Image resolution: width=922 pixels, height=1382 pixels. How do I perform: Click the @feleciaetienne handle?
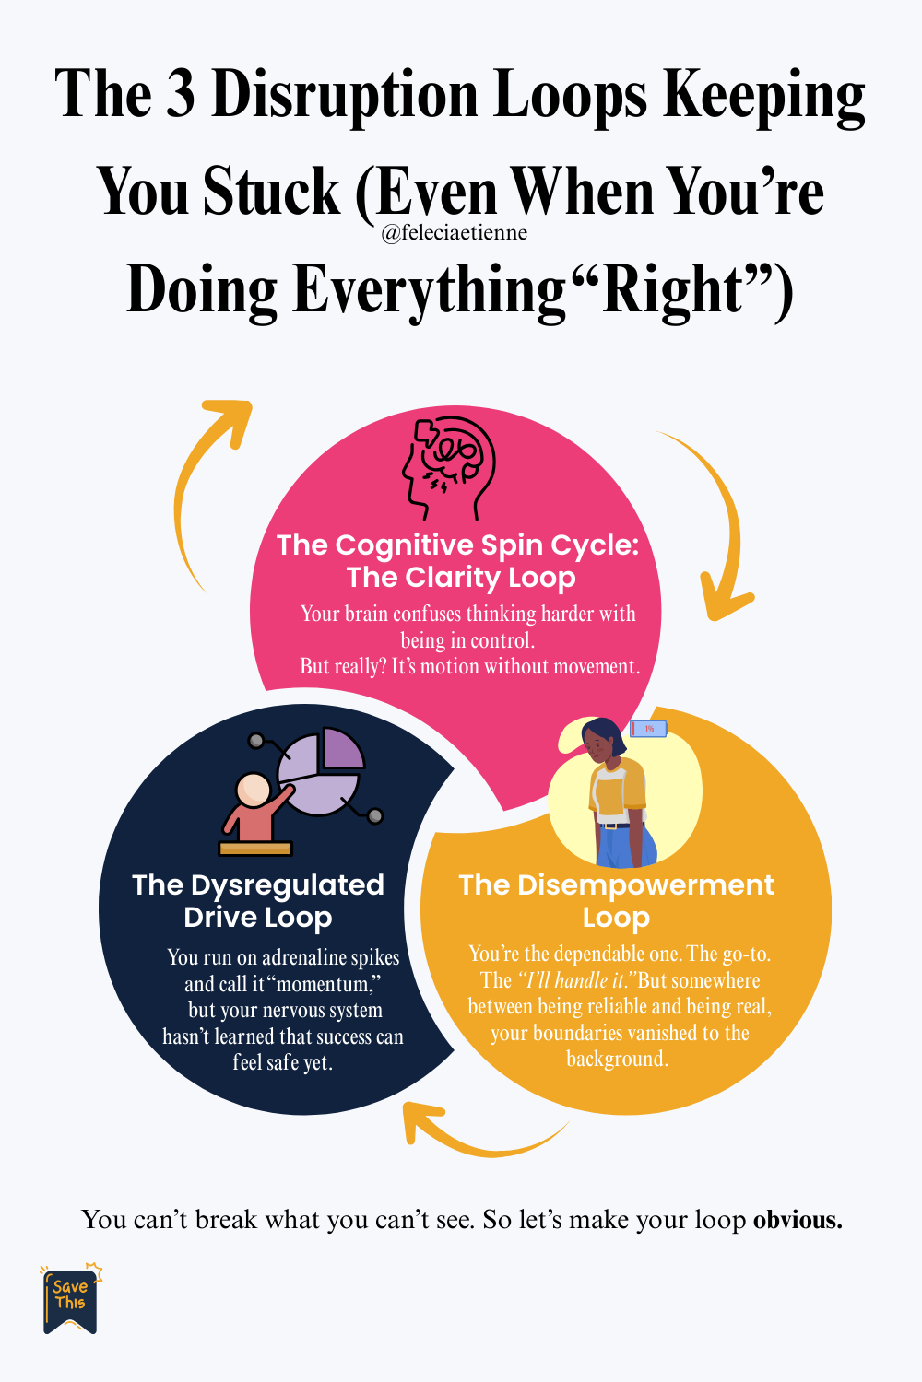454,233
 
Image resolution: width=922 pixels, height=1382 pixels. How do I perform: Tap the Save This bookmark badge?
70,1298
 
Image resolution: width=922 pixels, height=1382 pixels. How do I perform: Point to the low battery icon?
648,729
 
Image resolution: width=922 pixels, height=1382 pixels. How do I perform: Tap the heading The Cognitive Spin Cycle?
457,545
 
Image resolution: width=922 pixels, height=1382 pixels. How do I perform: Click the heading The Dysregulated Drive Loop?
257,901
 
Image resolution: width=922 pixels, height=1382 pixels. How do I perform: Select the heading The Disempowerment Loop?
616,901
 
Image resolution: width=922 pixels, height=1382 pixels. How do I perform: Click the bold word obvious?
798,1220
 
